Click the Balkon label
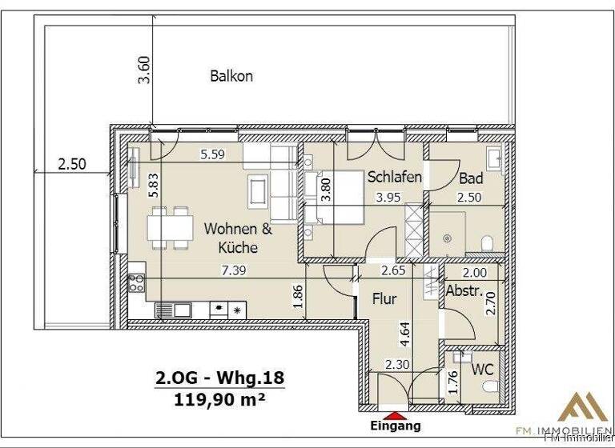click(x=231, y=77)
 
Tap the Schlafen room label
click(x=394, y=177)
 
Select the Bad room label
click(x=471, y=178)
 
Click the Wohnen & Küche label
click(x=238, y=238)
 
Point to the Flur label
click(x=385, y=299)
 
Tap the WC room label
click(x=481, y=370)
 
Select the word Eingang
click(x=394, y=426)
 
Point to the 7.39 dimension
click(x=233, y=270)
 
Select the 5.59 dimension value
click(x=211, y=155)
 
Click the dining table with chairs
click(x=170, y=226)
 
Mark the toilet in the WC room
click(x=491, y=388)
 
